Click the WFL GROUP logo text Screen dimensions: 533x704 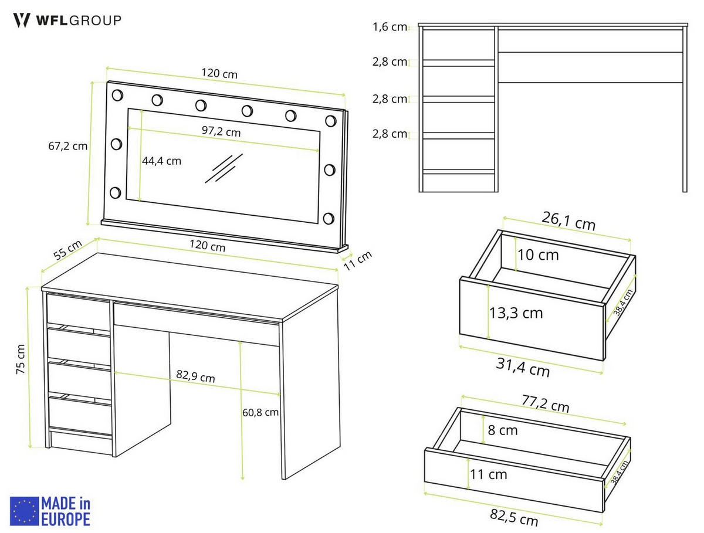77,20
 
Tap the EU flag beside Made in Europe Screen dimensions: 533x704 24,511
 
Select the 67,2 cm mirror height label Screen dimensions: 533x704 67,146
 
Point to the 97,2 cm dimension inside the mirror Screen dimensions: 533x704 221,131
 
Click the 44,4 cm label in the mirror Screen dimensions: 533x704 162,160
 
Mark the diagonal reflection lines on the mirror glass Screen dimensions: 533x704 224,168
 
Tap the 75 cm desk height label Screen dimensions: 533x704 20,367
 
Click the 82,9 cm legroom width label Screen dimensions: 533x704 195,377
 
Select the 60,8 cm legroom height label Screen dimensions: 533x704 260,412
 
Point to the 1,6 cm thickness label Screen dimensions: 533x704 390,27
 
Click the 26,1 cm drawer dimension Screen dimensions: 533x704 567,222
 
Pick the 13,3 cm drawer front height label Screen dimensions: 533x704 516,313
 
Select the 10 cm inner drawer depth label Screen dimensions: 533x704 538,255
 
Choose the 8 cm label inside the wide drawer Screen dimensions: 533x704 503,430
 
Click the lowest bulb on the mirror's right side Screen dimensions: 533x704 329,219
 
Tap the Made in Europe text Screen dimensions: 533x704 65,511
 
